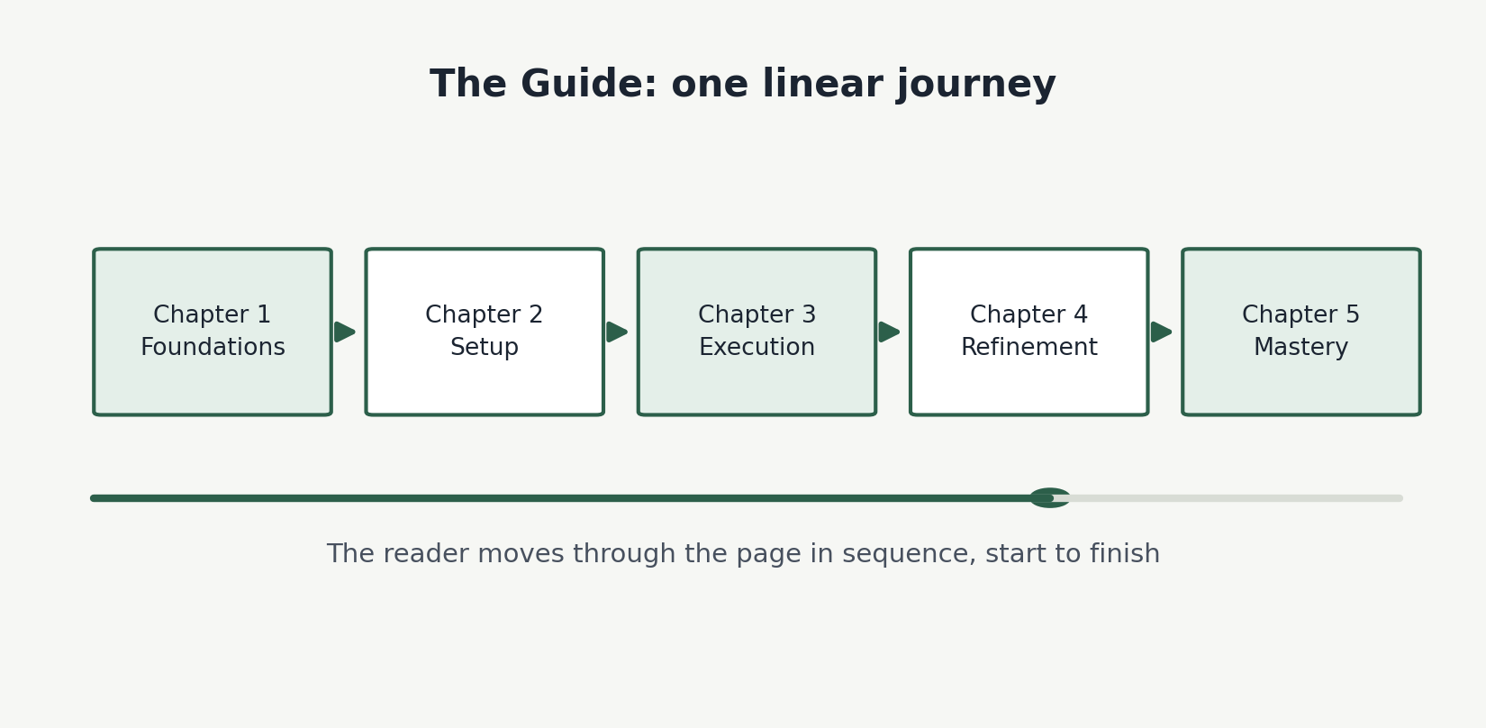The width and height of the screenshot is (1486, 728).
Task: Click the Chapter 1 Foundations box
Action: point(213,332)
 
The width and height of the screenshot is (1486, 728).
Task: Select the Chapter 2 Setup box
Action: point(485,332)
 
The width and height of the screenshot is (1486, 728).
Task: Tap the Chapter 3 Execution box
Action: point(757,332)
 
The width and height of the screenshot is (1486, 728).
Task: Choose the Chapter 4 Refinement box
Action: point(1028,332)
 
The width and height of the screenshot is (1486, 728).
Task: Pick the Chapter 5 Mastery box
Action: point(1300,332)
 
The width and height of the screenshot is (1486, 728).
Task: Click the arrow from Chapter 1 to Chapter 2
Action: point(345,332)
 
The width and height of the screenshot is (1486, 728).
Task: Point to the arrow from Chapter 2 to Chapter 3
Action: point(617,332)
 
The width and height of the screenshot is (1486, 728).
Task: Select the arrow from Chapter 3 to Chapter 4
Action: point(890,332)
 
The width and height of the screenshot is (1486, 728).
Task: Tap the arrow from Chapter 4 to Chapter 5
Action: point(1162,332)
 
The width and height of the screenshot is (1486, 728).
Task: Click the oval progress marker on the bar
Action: point(1049,497)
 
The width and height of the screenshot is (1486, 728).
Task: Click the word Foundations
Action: point(213,347)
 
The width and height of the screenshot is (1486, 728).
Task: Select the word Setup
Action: point(485,348)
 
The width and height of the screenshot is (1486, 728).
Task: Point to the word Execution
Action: point(757,347)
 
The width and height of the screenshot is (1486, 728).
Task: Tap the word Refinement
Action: point(1028,347)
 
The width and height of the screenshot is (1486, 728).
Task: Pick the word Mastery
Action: point(1300,348)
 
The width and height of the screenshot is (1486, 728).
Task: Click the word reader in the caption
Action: point(425,553)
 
